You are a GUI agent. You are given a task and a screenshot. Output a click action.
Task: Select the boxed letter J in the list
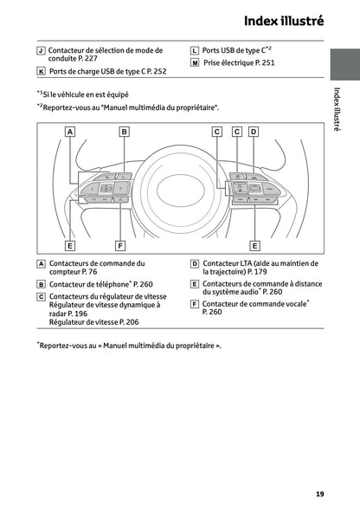click(41, 51)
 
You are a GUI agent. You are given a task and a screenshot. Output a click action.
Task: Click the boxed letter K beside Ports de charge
click(41, 72)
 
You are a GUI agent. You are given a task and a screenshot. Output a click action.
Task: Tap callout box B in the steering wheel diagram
click(125, 132)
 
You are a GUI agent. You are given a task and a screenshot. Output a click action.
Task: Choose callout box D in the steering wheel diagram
click(254, 132)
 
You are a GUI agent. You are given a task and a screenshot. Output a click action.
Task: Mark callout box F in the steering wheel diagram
click(121, 245)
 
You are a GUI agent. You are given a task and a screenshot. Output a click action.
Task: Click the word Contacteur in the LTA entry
click(221, 262)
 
